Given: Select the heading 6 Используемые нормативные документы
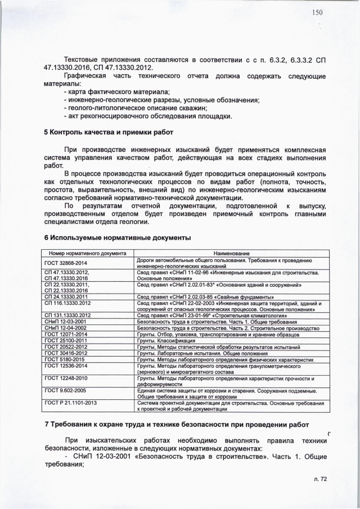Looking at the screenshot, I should [118, 238].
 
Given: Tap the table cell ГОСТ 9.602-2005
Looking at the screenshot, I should [65, 389].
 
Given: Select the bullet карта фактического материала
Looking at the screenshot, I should [118, 92].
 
